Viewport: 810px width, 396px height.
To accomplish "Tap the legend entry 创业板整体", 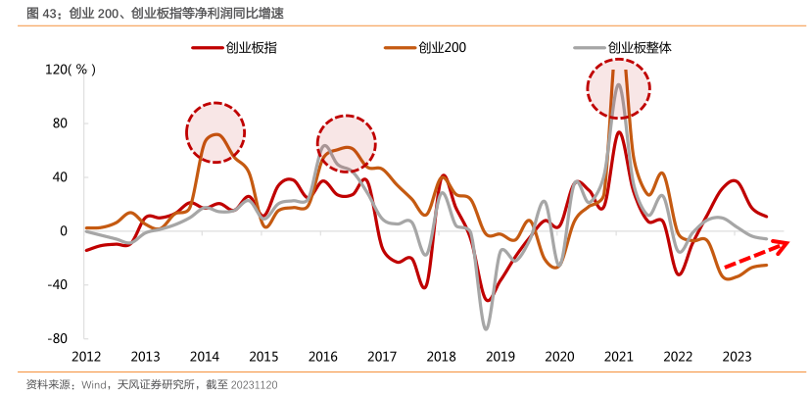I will pyautogui.click(x=639, y=46).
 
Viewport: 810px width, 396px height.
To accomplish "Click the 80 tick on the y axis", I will pyautogui.click(x=61, y=124).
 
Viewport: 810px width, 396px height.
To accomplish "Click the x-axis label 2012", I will pyautogui.click(x=86, y=357).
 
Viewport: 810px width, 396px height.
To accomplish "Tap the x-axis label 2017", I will pyautogui.click(x=382, y=357).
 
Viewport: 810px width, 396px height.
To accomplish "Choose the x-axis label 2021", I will pyautogui.click(x=618, y=357).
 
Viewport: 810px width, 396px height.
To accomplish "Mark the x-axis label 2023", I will pyautogui.click(x=736, y=357).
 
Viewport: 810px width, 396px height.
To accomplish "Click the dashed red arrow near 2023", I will pyautogui.click(x=754, y=254).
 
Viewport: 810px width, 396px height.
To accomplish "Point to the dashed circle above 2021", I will pyautogui.click(x=618, y=85).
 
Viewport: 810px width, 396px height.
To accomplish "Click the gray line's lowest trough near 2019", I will pyautogui.click(x=485, y=327).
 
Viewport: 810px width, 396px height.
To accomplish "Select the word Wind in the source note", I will pyautogui.click(x=94, y=385).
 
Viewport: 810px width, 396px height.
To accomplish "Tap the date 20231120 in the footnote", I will pyautogui.click(x=254, y=385).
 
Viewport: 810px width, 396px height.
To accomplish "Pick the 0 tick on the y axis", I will pyautogui.click(x=64, y=231).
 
